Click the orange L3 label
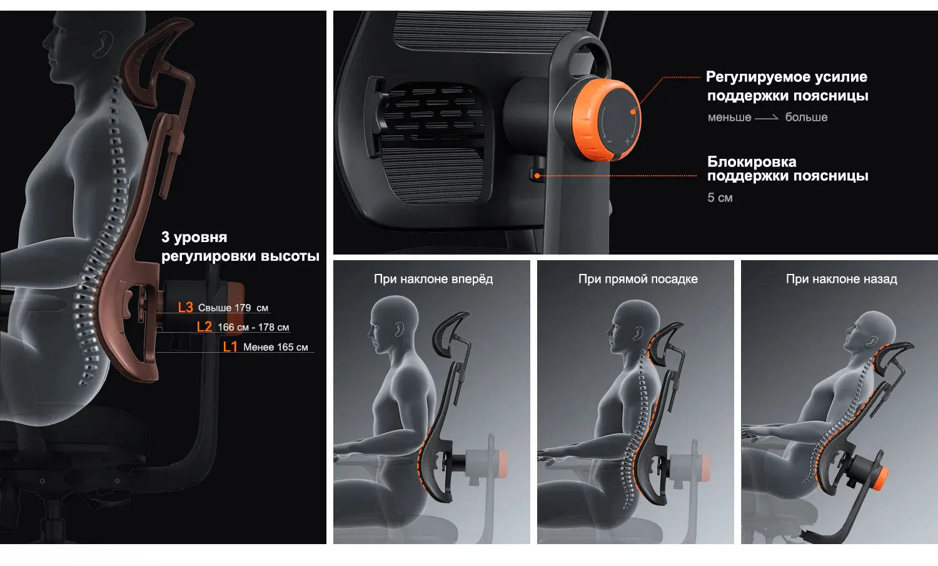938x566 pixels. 186,307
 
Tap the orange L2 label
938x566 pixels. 204,326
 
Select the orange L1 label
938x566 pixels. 230,346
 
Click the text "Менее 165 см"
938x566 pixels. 276,347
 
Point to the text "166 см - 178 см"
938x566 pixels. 253,327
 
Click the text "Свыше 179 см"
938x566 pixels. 233,308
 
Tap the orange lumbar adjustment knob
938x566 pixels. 607,120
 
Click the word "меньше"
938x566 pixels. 730,118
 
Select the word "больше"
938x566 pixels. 806,118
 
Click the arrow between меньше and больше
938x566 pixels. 767,118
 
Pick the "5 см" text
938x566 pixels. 720,198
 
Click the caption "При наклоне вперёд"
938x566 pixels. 433,279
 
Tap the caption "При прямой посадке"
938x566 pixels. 638,279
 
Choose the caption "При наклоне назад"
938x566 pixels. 842,279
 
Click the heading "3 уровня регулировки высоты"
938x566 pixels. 240,246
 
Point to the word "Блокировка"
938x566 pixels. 752,162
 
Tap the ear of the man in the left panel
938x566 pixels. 103,44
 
